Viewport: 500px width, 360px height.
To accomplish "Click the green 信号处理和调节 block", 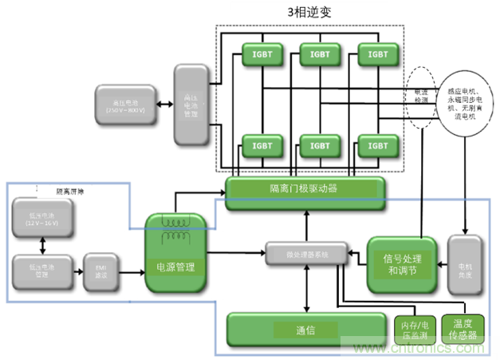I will pos(402,263).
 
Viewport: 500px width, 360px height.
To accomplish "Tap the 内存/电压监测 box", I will pos(414,329).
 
